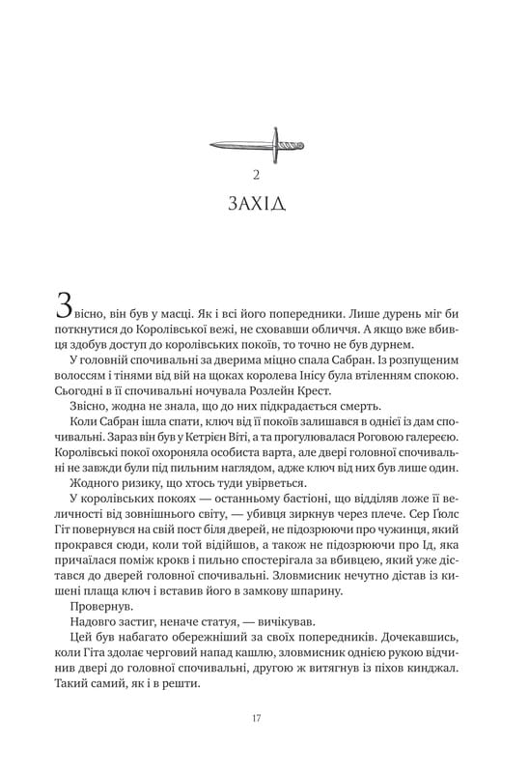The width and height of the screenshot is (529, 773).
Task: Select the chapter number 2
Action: [256, 175]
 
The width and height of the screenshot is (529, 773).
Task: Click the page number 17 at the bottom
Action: [256, 717]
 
